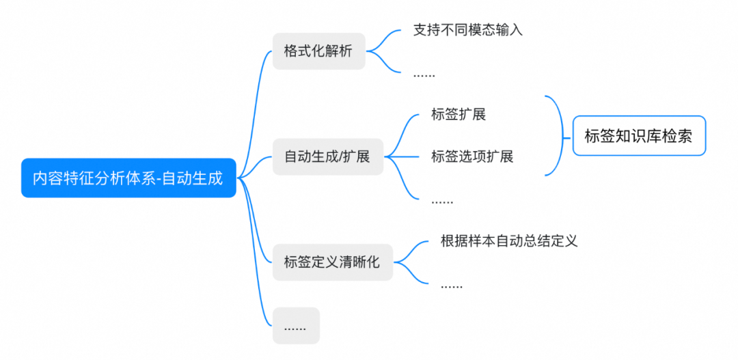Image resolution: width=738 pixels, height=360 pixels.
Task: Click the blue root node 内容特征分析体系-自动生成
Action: [128, 178]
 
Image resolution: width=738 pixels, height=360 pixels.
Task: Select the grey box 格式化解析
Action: [318, 51]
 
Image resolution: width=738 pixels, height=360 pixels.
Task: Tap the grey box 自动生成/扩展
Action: [327, 156]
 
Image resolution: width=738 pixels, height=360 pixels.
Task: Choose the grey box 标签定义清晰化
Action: [332, 262]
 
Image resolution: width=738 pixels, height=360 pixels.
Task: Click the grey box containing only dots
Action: [295, 326]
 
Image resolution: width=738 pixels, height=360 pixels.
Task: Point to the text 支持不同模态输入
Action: [468, 30]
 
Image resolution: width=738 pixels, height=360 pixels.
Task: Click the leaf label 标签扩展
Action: [459, 114]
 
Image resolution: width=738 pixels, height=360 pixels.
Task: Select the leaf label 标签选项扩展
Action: [472, 156]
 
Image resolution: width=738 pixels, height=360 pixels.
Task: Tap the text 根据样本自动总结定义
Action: [509, 240]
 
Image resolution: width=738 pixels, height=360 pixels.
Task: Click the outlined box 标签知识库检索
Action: [639, 136]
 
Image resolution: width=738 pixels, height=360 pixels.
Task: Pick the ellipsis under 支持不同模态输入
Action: [424, 73]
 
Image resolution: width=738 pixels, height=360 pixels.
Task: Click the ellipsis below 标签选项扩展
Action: [442, 200]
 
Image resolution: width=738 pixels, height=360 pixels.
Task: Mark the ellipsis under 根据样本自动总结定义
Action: [452, 284]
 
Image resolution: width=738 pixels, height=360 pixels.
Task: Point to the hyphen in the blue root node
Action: [159, 179]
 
